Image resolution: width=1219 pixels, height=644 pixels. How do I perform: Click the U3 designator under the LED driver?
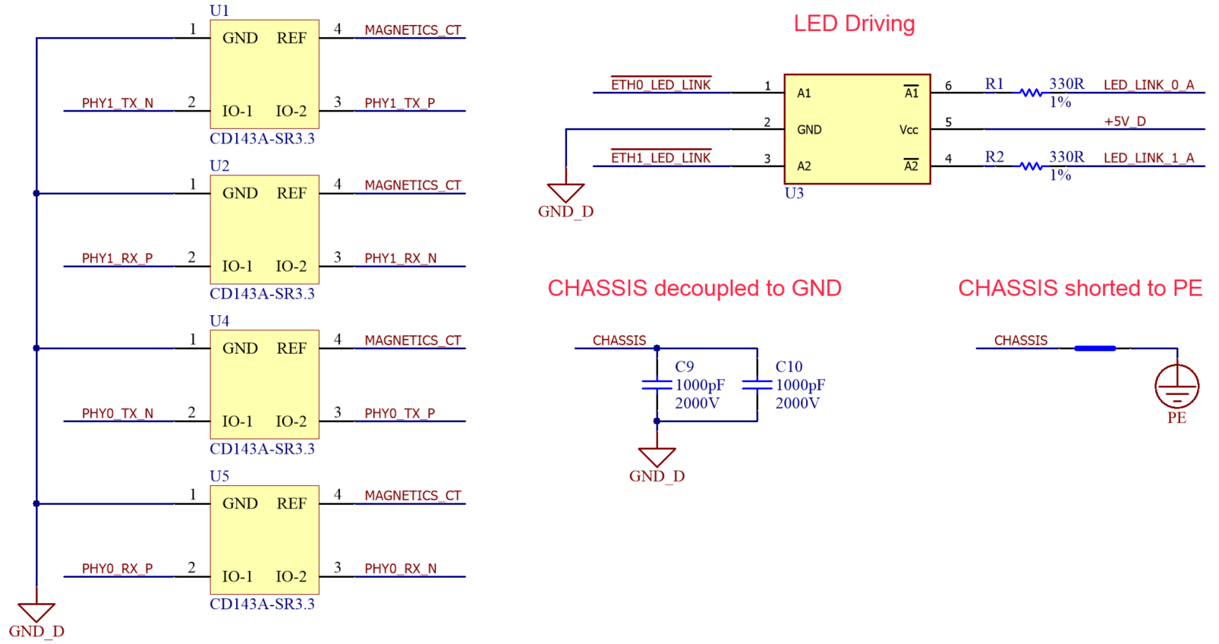pyautogui.click(x=793, y=193)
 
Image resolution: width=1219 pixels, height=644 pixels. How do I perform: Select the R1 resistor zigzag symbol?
pyautogui.click(x=1031, y=93)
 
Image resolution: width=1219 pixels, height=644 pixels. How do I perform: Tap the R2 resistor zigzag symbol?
pyautogui.click(x=1031, y=166)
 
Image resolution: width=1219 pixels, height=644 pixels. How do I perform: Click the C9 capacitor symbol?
pyautogui.click(x=657, y=385)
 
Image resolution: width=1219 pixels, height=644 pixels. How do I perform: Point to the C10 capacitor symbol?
pyautogui.click(x=757, y=385)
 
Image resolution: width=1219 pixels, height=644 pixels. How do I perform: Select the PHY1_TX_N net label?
pyautogui.click(x=118, y=103)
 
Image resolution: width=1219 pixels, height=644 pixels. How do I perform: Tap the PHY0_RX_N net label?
pyautogui.click(x=400, y=569)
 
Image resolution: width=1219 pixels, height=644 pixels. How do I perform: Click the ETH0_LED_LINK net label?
pyautogui.click(x=660, y=85)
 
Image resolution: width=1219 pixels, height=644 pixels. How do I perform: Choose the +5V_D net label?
pyautogui.click(x=1124, y=122)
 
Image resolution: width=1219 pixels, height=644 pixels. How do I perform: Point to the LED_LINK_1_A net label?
pyautogui.click(x=1148, y=158)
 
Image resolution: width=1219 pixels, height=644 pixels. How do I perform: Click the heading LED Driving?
pyautogui.click(x=854, y=24)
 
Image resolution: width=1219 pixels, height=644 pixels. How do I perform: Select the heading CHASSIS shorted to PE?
pyautogui.click(x=1079, y=288)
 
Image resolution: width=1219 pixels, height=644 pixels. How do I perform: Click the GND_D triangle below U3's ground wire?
pyautogui.click(x=565, y=192)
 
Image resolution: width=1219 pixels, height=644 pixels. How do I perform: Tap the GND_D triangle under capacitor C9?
pyautogui.click(x=657, y=456)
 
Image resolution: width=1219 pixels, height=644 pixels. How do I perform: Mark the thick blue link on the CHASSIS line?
pyautogui.click(x=1095, y=349)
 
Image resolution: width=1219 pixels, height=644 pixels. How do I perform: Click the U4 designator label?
pyautogui.click(x=219, y=321)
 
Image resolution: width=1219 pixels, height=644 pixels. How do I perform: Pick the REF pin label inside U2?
pyautogui.click(x=291, y=194)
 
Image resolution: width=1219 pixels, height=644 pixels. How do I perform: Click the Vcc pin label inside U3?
pyautogui.click(x=909, y=130)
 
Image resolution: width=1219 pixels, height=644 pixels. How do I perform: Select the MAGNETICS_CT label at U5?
pyautogui.click(x=412, y=496)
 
